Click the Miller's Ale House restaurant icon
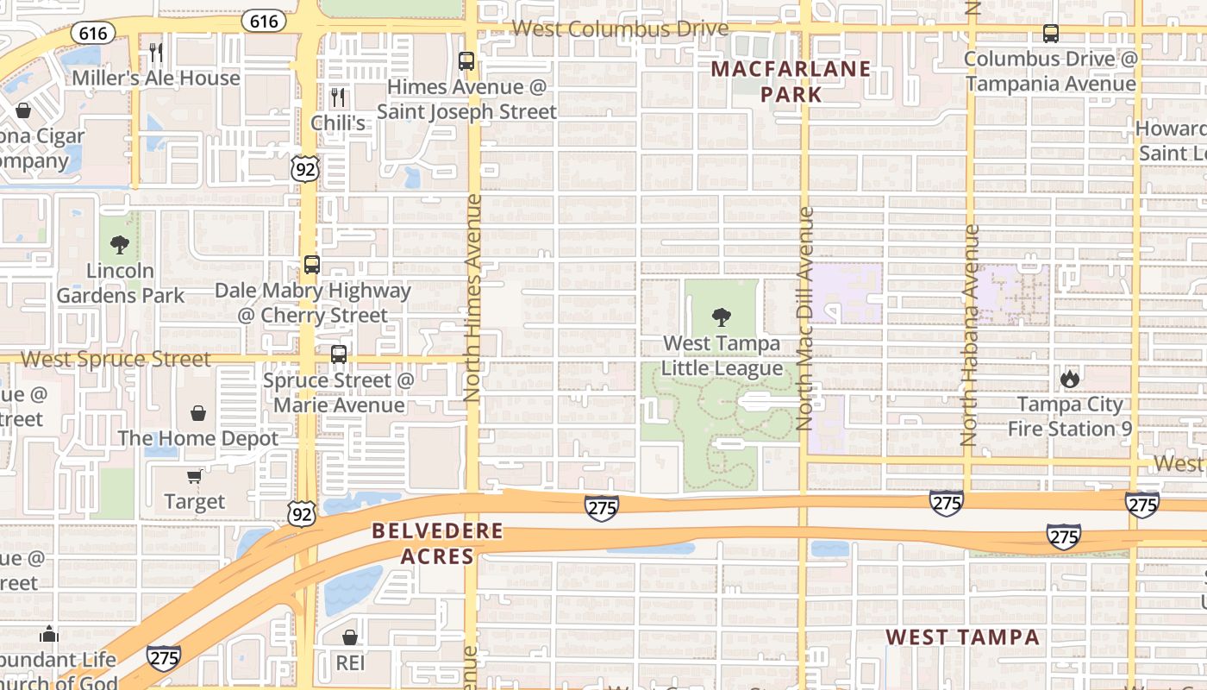click(x=156, y=53)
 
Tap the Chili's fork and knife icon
click(x=338, y=97)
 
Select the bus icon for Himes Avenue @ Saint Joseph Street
click(x=466, y=61)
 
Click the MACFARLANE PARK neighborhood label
click(x=791, y=81)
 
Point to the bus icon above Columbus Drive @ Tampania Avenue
click(x=1051, y=34)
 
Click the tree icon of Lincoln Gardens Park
click(x=120, y=245)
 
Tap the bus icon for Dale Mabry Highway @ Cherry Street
click(x=312, y=265)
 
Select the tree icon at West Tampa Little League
click(x=722, y=317)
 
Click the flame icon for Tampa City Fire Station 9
click(x=1070, y=379)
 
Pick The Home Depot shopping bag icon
click(x=198, y=413)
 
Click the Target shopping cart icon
click(x=195, y=476)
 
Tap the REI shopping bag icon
click(x=350, y=637)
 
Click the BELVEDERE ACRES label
click(x=437, y=543)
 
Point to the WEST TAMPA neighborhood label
click(x=963, y=637)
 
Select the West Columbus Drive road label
click(x=620, y=29)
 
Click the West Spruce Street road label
click(x=116, y=359)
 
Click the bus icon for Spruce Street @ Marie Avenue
click(x=339, y=354)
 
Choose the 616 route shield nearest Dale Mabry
click(x=264, y=20)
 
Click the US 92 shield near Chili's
click(x=305, y=168)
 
